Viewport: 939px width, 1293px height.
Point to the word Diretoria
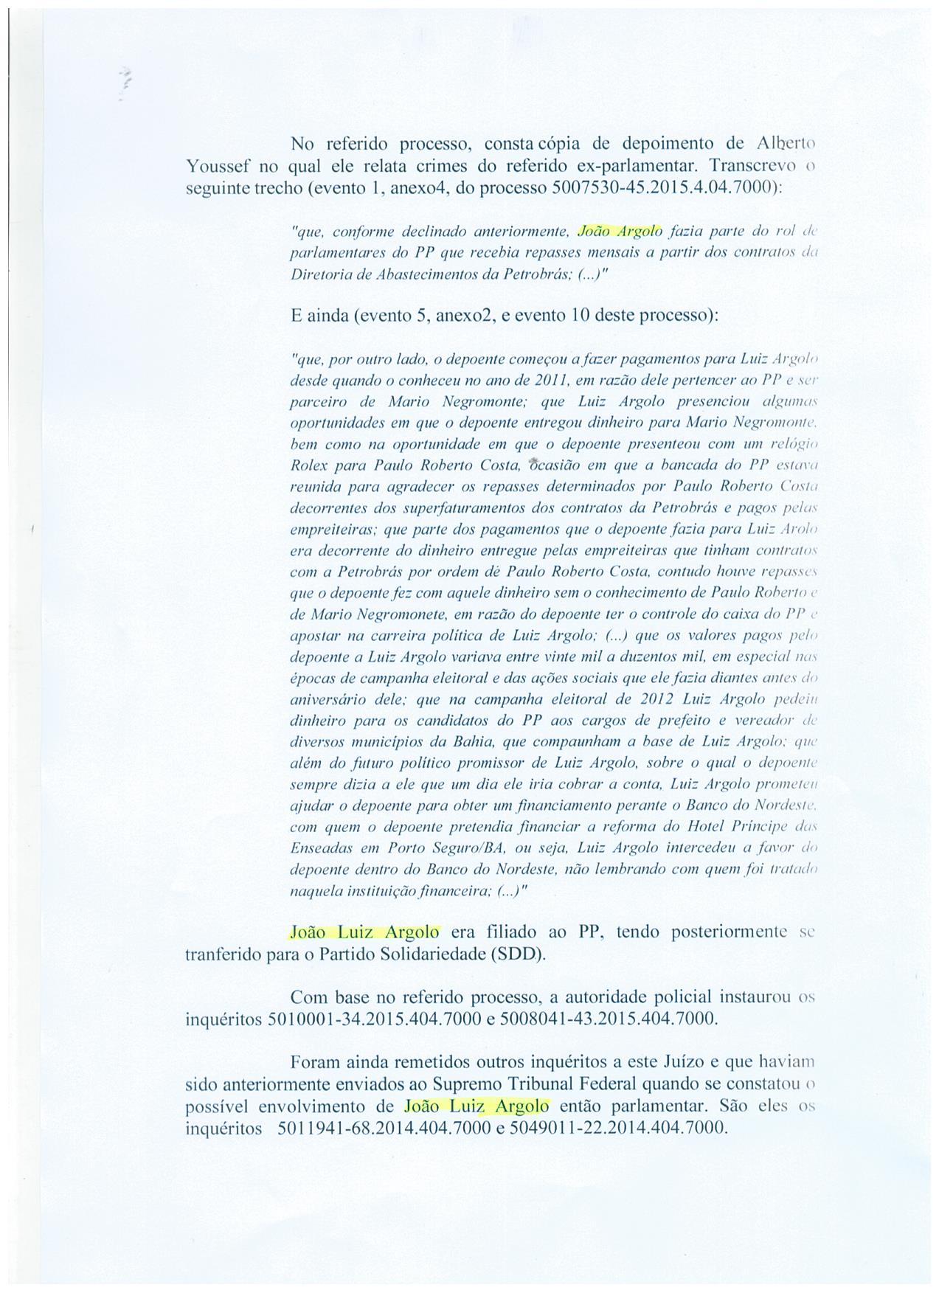pos(318,274)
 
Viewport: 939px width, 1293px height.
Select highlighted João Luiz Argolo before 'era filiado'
pos(365,932)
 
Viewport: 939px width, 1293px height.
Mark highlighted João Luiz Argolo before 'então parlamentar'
pos(477,1106)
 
